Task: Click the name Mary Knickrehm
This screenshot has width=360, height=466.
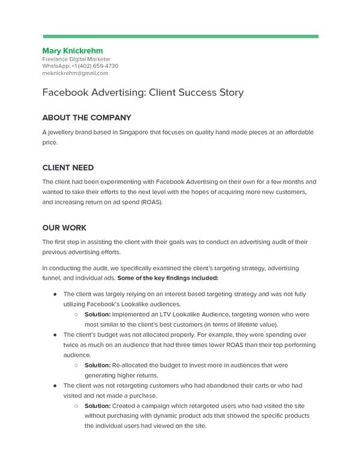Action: coord(73,50)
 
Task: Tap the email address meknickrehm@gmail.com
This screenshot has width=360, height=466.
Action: coord(75,73)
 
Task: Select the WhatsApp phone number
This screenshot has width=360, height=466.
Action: coord(92,66)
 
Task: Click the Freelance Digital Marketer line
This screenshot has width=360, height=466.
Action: coord(76,59)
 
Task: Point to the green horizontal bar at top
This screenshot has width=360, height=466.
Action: coord(180,36)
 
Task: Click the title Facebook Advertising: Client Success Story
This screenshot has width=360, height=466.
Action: coord(143,93)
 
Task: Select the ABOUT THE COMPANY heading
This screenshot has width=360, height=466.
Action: coord(86,118)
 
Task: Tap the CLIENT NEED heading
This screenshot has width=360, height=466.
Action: coord(68,168)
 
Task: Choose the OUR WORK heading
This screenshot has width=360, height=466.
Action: coord(64,228)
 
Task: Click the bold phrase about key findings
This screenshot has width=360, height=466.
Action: coord(168,278)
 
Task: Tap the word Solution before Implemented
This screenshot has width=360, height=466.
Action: coord(97,314)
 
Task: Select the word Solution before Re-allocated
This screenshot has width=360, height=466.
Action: coord(97,365)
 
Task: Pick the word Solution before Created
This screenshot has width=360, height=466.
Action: coord(97,405)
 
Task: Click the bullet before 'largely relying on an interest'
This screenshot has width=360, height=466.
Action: coord(55,294)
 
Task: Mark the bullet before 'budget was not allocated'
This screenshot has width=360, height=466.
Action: coord(55,334)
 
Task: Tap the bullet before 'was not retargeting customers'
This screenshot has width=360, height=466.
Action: coord(55,385)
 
